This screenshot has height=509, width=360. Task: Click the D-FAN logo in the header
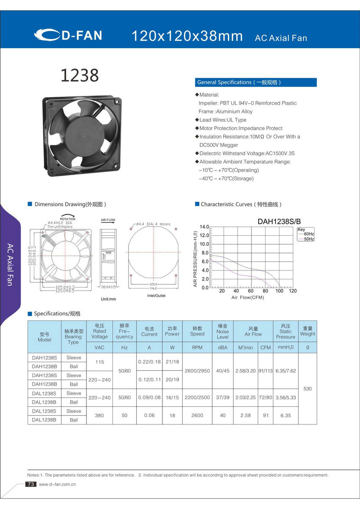[68, 35]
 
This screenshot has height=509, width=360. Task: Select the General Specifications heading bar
[256, 82]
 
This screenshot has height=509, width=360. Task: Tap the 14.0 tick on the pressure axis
[204, 227]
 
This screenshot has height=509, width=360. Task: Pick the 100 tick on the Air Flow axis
[279, 291]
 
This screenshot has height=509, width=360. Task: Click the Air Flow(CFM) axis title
[247, 297]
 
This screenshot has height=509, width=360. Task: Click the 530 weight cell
[308, 388]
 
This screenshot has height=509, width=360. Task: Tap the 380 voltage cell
[99, 415]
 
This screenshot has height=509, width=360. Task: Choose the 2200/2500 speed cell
[197, 397]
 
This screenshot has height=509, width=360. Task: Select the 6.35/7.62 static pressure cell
[285, 371]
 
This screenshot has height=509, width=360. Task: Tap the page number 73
[31, 484]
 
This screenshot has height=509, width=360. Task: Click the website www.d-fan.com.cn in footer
[57, 485]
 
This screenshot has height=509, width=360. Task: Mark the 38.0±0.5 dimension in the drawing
[108, 287]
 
